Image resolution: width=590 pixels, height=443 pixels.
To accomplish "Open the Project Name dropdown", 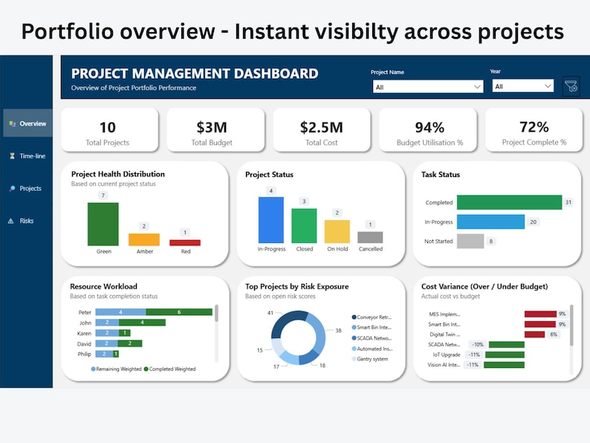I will tap(428, 87).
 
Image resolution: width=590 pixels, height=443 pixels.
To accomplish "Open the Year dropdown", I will tap(523, 86).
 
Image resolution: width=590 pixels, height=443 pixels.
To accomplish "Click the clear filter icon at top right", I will tap(571, 86).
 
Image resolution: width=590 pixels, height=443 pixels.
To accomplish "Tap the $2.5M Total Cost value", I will tap(321, 127).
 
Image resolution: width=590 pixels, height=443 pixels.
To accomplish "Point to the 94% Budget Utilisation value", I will tap(428, 127).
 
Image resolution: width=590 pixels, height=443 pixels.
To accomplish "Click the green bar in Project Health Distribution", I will tap(103, 224).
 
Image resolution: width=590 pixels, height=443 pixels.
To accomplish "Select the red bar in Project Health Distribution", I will tap(185, 242).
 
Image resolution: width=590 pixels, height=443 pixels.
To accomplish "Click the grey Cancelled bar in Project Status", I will tap(370, 237).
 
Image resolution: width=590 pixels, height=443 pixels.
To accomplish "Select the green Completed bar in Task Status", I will tap(509, 202).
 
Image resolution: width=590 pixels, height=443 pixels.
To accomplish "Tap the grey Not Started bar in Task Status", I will tap(470, 241).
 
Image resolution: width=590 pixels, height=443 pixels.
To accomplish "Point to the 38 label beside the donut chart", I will tap(338, 330).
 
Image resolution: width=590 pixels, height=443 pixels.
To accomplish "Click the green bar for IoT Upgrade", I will tap(506, 355).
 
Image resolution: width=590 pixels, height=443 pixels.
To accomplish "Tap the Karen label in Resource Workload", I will tap(85, 333).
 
